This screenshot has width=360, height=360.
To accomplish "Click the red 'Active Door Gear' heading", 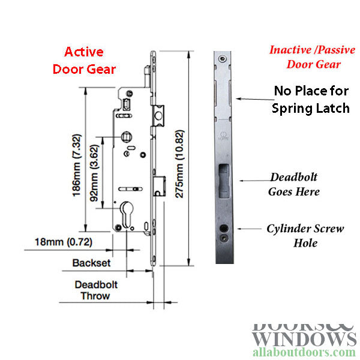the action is click(84, 61).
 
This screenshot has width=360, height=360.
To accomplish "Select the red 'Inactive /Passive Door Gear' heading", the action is click(313, 57).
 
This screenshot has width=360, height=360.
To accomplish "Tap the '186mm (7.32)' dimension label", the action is click(77, 166).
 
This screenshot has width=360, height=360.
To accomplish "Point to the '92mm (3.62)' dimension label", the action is click(94, 173).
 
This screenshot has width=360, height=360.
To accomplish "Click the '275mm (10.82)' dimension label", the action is click(179, 164).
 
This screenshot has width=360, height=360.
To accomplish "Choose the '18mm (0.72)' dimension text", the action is click(64, 242).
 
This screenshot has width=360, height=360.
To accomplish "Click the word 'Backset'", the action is click(91, 263).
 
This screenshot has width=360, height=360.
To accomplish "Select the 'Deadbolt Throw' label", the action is click(96, 290).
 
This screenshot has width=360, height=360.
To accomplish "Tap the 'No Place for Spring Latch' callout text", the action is click(311, 100).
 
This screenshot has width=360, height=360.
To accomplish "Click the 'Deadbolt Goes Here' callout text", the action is click(294, 184).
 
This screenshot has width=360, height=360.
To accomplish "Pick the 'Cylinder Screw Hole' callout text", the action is click(305, 236).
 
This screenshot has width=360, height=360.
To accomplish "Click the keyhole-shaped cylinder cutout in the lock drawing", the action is click(127, 215).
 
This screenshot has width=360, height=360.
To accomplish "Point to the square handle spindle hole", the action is click(126, 137).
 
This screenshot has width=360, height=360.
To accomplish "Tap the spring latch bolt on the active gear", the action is click(158, 115).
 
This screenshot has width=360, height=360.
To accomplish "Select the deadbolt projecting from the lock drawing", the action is click(160, 186).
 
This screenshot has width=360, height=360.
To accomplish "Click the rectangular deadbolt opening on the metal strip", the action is click(224, 181).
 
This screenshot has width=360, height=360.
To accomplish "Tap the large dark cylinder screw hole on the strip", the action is click(224, 228).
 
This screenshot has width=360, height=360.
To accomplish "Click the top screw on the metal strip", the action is click(222, 59).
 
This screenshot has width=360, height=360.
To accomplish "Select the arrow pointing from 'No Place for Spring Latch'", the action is click(255, 99).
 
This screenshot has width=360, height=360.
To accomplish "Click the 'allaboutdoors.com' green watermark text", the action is click(304, 353).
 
